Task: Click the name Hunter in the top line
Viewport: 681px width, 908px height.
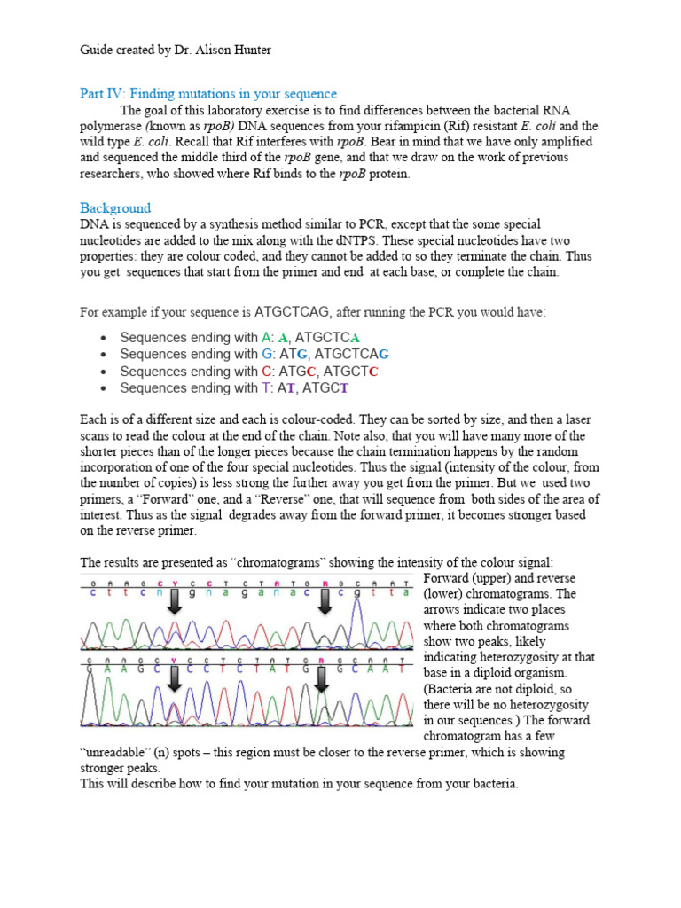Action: coord(249,51)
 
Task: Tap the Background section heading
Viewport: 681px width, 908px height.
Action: coord(115,207)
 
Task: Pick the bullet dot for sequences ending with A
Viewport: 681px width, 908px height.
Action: coord(104,338)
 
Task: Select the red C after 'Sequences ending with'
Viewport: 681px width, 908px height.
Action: coord(267,372)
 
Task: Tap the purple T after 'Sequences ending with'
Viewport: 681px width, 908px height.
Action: coord(266,388)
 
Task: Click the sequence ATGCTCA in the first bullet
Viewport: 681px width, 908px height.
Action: coord(327,338)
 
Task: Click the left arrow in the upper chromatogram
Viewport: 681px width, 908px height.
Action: coord(175,602)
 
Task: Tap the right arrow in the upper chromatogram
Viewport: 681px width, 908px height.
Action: coord(326,602)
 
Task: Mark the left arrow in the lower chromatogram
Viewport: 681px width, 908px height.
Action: coord(175,679)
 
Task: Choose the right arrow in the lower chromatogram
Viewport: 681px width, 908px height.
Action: coord(321,679)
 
